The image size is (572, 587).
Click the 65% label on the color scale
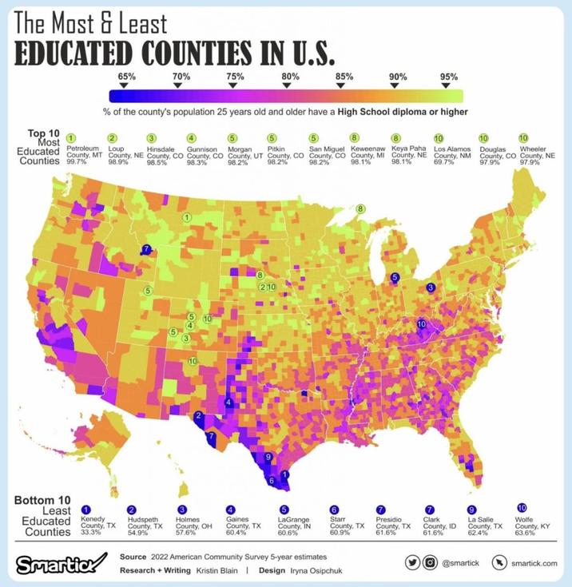127,76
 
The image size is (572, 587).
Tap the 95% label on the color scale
449,77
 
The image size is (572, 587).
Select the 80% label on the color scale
290,76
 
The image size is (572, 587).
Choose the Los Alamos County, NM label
451,153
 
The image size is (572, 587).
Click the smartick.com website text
534,563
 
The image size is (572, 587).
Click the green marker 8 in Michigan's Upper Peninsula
361,208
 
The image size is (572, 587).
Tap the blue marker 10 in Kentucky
422,324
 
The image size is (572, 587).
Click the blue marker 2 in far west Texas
198,415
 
